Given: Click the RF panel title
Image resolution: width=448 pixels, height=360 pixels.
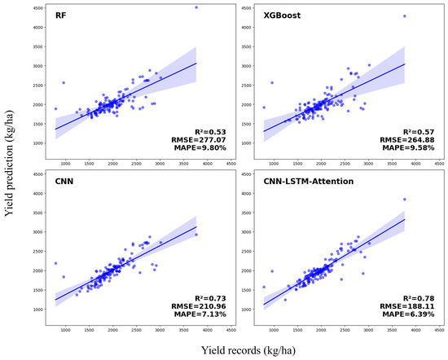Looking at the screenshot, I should click(61, 16).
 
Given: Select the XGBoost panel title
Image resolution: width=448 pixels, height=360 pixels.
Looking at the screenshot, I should click(270, 16).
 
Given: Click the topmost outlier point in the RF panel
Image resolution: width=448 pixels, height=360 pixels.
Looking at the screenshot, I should click(195, 7).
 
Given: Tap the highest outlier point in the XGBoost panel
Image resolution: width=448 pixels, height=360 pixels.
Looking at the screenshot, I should click(404, 16).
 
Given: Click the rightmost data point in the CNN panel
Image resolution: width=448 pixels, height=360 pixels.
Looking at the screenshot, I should click(195, 235).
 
